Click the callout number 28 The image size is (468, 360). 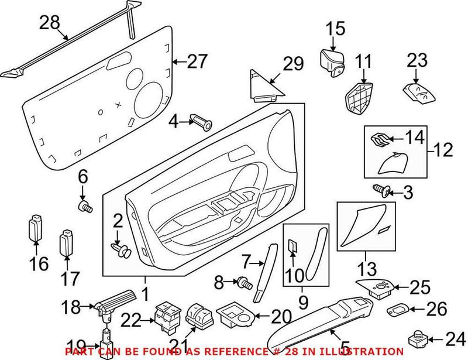click(50, 23)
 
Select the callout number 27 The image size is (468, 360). click(198, 61)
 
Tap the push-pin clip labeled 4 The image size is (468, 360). click(202, 123)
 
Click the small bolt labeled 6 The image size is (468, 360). click(85, 206)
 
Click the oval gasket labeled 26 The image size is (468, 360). click(400, 308)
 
